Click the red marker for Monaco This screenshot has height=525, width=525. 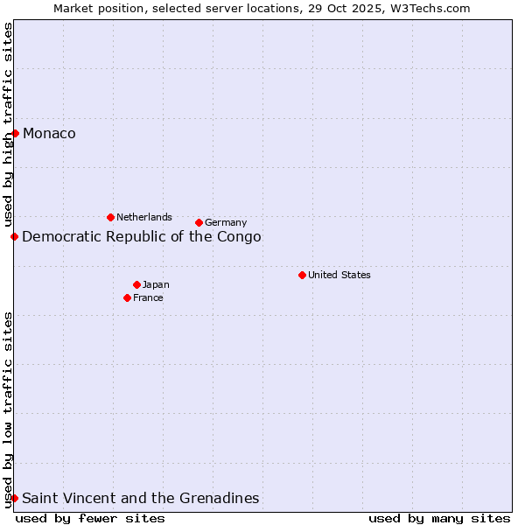point(15,133)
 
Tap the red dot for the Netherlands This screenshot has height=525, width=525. point(110,217)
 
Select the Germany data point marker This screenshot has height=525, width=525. point(199,222)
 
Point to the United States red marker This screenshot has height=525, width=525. point(302,275)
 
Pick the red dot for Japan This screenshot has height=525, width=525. point(136,284)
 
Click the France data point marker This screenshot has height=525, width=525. point(127,297)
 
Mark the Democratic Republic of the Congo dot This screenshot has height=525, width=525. point(14,236)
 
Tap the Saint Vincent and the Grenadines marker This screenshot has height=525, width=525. point(14,498)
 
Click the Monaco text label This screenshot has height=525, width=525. point(49,133)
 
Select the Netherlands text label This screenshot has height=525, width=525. point(144,217)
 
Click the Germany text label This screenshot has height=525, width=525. point(226,222)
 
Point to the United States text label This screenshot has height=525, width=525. point(339,275)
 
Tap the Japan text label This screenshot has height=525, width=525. point(156,284)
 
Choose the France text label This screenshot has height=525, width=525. point(148,297)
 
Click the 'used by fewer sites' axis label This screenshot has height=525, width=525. point(90,518)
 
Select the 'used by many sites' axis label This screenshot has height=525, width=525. point(439,518)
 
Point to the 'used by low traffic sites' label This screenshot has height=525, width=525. point(8,409)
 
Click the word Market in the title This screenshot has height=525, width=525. point(73,8)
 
